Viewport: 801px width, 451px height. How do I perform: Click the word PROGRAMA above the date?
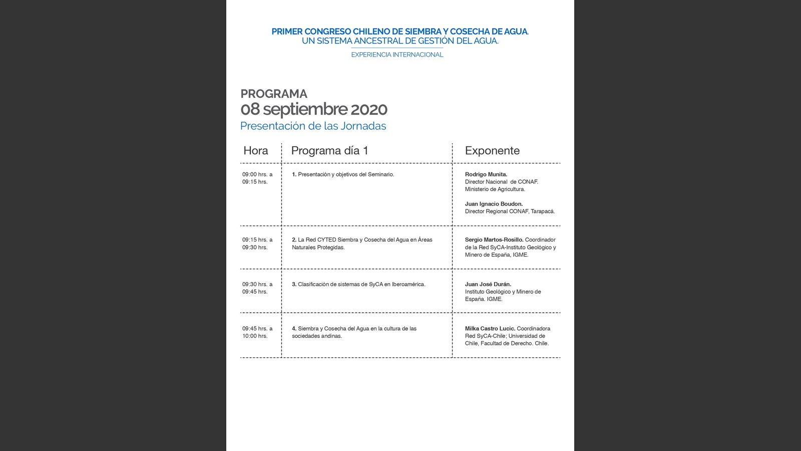coord(274,94)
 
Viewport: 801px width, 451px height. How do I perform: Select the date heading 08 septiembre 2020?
coord(314,109)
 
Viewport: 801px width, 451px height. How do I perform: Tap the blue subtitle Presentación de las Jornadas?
coord(313,126)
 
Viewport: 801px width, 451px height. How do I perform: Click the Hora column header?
coord(255,150)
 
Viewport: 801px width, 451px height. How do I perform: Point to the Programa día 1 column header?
coord(329,150)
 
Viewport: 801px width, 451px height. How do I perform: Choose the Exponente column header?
coord(492,150)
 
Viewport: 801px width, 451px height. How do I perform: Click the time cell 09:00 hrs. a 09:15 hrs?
coord(257,178)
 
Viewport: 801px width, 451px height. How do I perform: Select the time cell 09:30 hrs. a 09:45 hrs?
coord(257,288)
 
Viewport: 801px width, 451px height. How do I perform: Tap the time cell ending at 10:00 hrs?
coord(257,332)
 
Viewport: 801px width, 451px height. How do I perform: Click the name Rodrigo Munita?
coord(486,174)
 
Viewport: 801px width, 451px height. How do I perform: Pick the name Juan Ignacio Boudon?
coord(494,204)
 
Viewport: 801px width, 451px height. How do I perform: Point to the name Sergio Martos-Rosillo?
coord(494,240)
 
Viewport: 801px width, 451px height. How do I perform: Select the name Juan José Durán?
coord(488,284)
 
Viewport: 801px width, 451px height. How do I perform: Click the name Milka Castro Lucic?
coord(490,329)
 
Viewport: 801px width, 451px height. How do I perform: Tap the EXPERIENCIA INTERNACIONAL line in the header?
coord(397,55)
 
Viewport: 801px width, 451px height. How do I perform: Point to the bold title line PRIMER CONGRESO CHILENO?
coord(399,31)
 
